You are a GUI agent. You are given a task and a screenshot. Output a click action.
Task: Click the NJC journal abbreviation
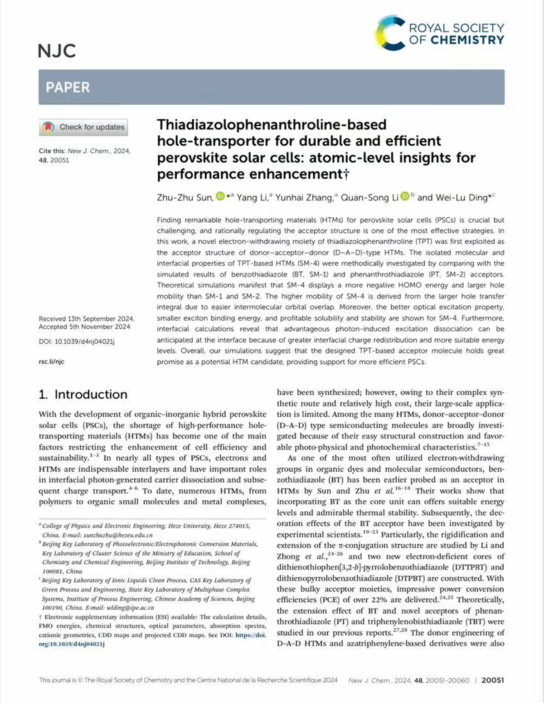pos(57,51)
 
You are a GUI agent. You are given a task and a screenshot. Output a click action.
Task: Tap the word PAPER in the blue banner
pos(68,87)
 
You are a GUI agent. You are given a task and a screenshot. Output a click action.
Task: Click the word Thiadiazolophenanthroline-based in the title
pos(272,124)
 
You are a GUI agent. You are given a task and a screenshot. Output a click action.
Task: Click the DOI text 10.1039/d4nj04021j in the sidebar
pos(84,342)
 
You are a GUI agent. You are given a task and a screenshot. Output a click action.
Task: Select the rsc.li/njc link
pos(52,361)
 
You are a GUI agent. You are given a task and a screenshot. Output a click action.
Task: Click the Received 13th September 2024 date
pos(87,319)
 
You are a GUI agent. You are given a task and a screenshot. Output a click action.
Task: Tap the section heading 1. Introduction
pos(83,395)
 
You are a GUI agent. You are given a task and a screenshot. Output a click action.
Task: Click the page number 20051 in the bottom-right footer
pos(492,680)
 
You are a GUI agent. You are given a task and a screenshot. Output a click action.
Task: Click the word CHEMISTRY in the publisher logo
pos(467,40)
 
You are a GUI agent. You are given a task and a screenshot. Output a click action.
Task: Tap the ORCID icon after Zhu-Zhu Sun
pos(220,196)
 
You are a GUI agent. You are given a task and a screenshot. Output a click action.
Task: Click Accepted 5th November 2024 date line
pos(84,327)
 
